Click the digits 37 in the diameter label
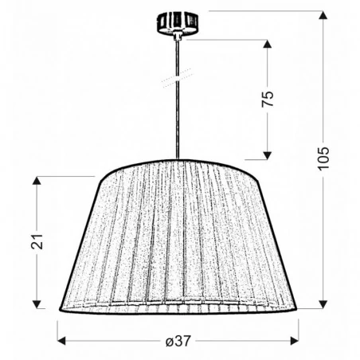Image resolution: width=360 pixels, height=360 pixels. click(x=185, y=340)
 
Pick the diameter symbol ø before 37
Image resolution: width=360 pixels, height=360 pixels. click(x=170, y=340)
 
